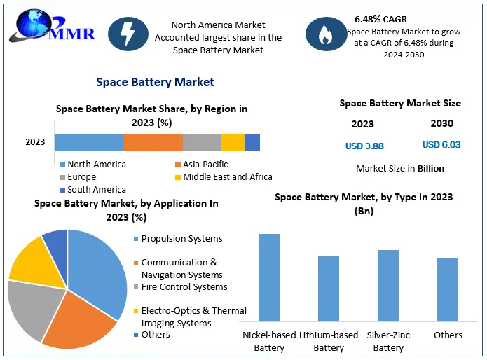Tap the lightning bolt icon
[x=128, y=34]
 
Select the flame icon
[x=325, y=34]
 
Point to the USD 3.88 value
[x=364, y=146]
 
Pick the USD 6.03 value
[x=441, y=145]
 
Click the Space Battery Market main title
[x=155, y=82]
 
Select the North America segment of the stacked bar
[x=89, y=142]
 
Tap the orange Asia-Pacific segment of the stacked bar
[x=153, y=142]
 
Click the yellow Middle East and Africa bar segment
[x=233, y=142]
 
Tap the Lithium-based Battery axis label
[x=329, y=341]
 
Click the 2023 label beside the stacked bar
[x=35, y=142]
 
